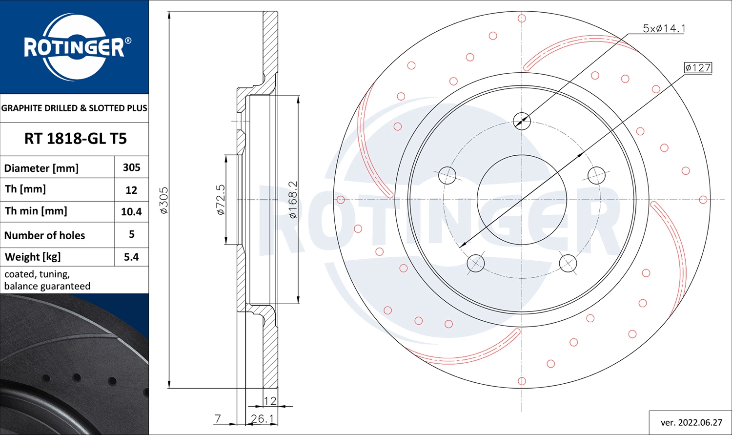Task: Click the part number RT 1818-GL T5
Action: pos(75,139)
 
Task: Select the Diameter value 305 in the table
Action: pos(131,167)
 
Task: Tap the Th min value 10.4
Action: pos(131,211)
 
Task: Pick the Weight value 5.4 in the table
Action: pos(131,257)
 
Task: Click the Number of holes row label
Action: pos(44,235)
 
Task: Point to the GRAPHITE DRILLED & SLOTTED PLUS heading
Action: pos(74,108)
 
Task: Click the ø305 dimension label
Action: pos(163,200)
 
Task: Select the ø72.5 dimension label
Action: pos(221,200)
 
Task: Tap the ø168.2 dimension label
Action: pos(293,200)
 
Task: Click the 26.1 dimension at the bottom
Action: pos(262,419)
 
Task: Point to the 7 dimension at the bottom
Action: pos(218,418)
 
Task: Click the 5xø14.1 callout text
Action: pos(664,28)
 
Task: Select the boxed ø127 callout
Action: pos(698,68)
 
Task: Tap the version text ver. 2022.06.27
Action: pos(691,422)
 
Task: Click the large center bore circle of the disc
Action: pos(522,200)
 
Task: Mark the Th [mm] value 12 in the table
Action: pos(131,190)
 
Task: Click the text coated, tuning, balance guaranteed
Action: pos(47,280)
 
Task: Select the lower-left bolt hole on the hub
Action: pos(475,263)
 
